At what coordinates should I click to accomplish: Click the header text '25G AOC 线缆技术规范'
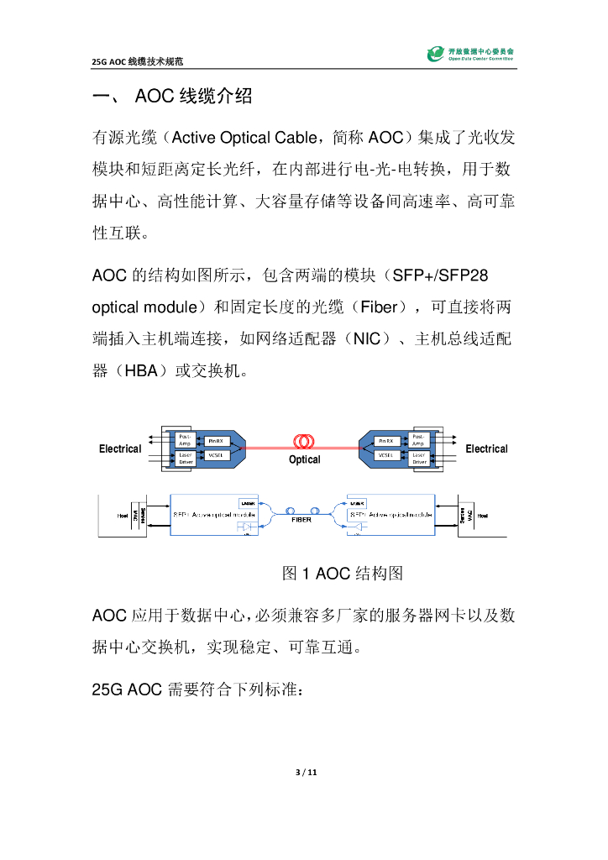coord(139,62)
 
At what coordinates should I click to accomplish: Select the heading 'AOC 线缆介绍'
coord(193,97)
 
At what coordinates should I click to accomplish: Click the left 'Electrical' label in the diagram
coord(120,449)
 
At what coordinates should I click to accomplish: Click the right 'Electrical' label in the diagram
coord(486,449)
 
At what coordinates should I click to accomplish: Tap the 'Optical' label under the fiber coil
coord(304,460)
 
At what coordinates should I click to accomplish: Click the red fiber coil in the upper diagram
coord(304,442)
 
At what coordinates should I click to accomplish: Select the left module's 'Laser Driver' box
coord(186,459)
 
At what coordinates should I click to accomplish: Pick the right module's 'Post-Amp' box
coord(419,440)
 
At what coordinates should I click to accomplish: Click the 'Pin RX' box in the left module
coord(216,440)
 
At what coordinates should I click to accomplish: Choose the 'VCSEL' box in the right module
coord(387,455)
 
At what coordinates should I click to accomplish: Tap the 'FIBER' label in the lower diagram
coord(301,520)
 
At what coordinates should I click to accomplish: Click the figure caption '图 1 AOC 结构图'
coord(343,574)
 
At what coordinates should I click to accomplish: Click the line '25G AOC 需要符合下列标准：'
coord(200,690)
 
